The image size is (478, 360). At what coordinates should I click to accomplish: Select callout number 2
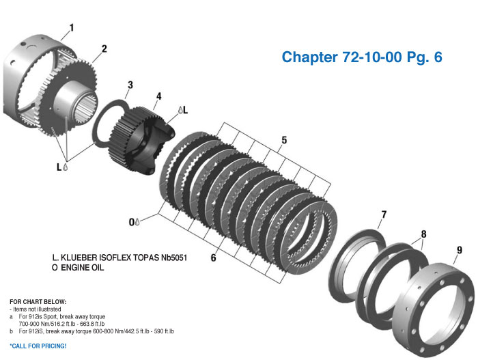tap(104, 49)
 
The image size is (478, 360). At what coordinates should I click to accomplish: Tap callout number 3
tap(129, 85)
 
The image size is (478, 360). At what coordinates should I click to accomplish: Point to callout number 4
tap(158, 96)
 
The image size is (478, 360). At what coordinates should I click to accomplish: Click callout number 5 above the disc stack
tap(284, 141)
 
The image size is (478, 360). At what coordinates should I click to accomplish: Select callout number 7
tap(383, 214)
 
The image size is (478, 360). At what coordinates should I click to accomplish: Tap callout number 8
tap(423, 234)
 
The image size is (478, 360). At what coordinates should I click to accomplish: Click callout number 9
tap(459, 250)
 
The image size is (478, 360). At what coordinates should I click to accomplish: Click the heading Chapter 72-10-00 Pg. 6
tap(362, 57)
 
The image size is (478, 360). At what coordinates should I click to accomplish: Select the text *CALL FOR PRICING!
tap(38, 346)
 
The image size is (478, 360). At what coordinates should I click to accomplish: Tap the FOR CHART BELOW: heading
tap(38, 301)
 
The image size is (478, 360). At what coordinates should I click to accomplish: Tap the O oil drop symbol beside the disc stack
tap(138, 221)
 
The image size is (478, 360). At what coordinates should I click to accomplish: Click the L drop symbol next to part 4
tap(180, 109)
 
